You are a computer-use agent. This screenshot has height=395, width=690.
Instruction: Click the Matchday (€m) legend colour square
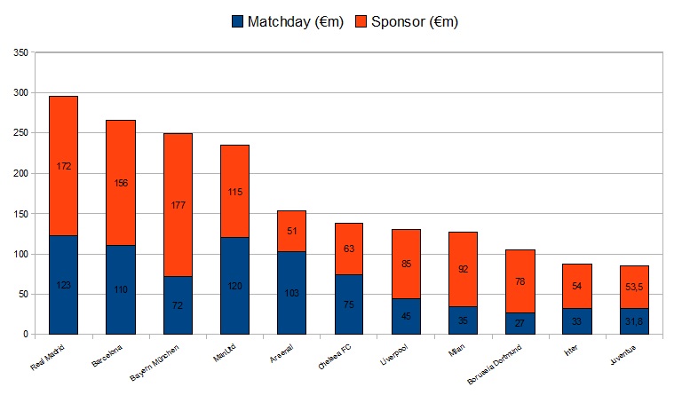[236, 20]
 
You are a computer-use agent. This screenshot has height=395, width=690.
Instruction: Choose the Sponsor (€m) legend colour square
[361, 20]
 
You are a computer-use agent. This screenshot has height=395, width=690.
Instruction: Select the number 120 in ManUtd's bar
[234, 288]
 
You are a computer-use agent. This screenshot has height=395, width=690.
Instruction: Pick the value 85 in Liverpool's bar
[406, 264]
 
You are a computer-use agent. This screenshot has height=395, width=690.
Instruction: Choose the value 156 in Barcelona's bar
[121, 183]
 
